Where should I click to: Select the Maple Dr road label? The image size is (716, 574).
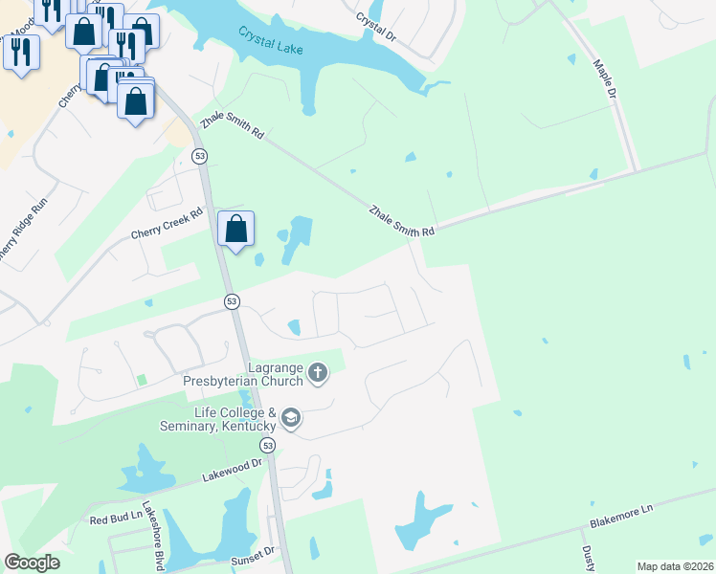tap(605, 82)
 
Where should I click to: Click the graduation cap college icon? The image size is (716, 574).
tap(291, 418)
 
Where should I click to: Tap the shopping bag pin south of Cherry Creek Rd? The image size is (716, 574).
tap(235, 230)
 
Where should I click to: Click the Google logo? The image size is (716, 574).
tap(32, 563)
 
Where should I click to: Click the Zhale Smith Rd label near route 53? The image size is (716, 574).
tap(232, 130)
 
